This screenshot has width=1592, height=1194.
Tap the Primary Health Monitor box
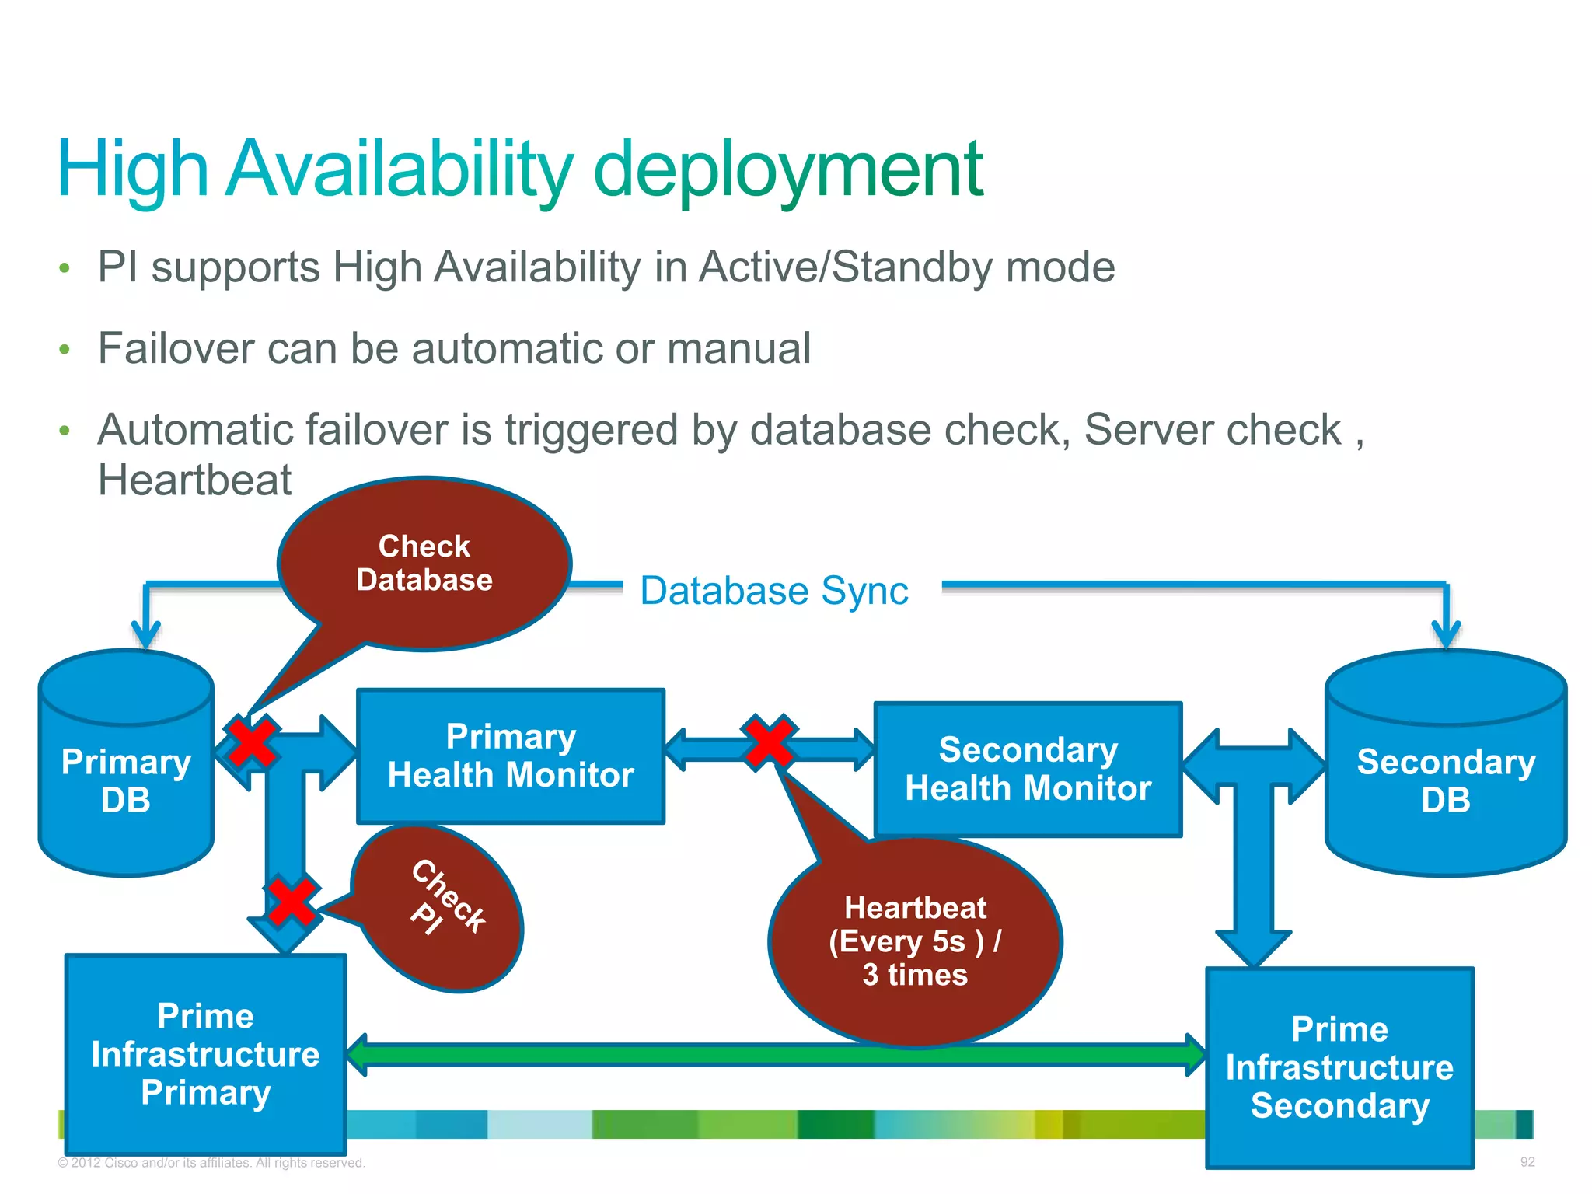[x=511, y=756]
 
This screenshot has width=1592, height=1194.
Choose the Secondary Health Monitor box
[x=1028, y=769]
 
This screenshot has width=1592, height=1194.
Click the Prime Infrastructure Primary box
[x=205, y=1053]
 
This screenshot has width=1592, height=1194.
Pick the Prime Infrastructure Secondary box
[x=1339, y=1067]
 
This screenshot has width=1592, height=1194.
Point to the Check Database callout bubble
[x=424, y=564]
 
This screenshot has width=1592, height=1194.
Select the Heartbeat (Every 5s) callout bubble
[x=915, y=941]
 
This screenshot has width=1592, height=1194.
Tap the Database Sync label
[x=774, y=591]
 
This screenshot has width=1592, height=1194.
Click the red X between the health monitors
[x=769, y=742]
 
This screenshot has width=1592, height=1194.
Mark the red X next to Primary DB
[x=251, y=742]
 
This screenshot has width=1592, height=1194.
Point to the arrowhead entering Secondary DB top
[x=1446, y=633]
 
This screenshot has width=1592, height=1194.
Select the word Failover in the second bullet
[x=176, y=347]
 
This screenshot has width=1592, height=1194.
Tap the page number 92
[x=1527, y=1162]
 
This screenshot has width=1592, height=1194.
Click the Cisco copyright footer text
[x=211, y=1163]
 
